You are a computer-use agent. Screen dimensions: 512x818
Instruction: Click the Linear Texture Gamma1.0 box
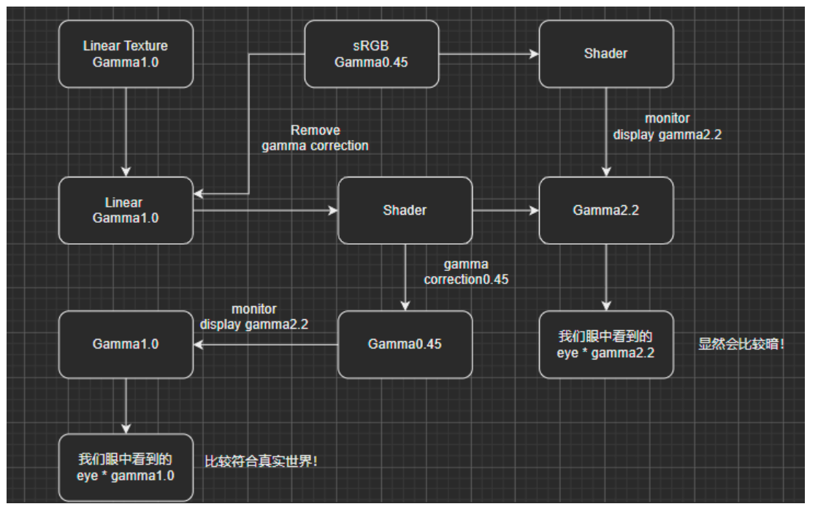click(x=126, y=53)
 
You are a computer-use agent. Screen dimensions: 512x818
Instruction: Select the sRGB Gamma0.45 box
click(x=371, y=53)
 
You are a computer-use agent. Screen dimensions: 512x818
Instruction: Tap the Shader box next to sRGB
click(x=605, y=53)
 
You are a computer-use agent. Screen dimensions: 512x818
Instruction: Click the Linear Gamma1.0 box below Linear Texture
click(x=126, y=210)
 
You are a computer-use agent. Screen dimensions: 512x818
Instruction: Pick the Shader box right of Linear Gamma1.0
click(x=405, y=210)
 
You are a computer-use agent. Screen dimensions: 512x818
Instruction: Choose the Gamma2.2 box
click(x=605, y=210)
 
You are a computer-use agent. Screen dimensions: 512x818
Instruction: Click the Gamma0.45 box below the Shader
click(x=405, y=344)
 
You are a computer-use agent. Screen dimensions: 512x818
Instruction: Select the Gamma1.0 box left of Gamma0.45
click(x=126, y=344)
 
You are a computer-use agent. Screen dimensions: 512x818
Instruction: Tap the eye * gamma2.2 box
click(x=605, y=344)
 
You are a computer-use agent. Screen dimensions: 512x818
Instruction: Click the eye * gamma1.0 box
click(x=126, y=467)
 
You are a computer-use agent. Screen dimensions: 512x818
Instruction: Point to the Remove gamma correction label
click(x=316, y=138)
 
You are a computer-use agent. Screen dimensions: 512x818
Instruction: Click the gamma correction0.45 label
click(x=466, y=272)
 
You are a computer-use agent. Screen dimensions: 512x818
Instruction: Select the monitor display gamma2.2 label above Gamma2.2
click(x=667, y=126)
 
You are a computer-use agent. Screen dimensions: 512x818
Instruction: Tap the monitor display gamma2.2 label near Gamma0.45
click(x=254, y=317)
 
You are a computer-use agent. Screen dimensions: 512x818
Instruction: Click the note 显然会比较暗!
click(x=741, y=344)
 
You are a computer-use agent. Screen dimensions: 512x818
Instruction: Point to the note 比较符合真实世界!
click(x=261, y=462)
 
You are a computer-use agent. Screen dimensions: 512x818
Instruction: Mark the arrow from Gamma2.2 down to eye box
click(x=605, y=277)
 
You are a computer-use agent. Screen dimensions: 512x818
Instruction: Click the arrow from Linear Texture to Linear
click(x=126, y=131)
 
